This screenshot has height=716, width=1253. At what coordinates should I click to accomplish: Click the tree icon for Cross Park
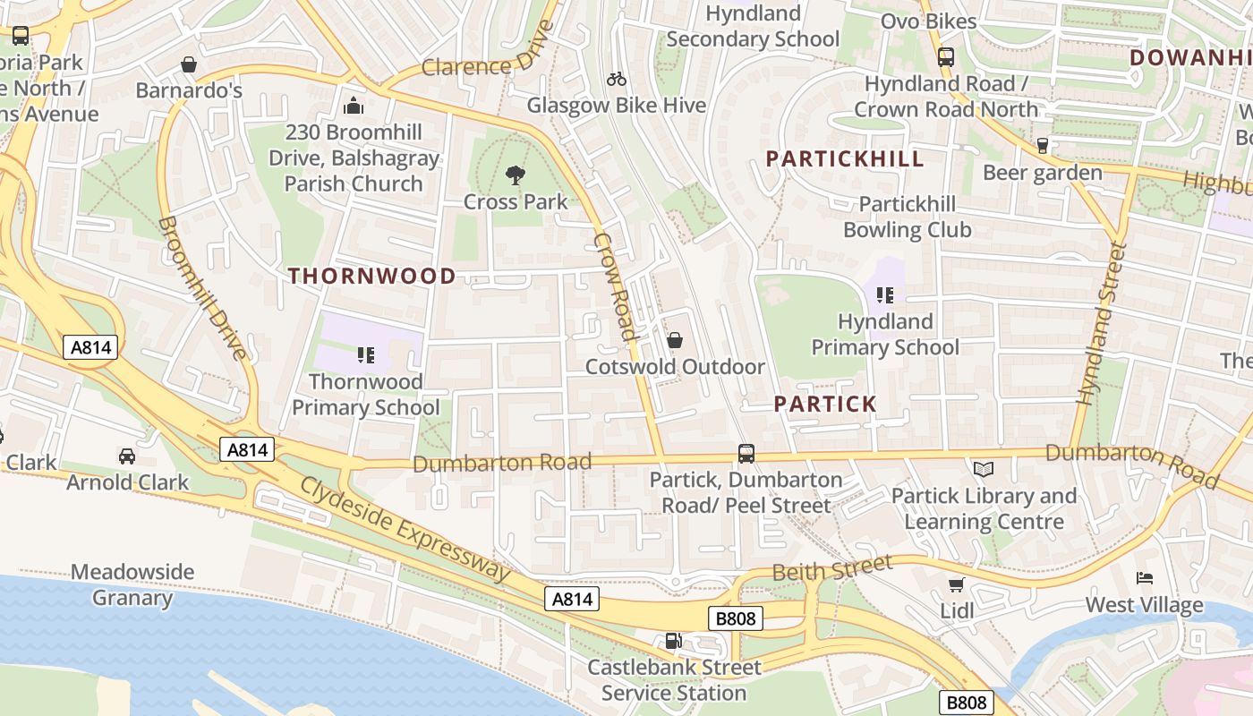coord(515,175)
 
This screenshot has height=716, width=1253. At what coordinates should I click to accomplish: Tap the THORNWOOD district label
coord(372,276)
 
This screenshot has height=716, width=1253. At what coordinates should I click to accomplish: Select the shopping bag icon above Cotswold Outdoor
coord(675,340)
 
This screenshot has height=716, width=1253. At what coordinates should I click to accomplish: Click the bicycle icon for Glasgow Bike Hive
coord(617,79)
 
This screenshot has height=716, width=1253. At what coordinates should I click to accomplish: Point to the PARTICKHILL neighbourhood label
coord(845,159)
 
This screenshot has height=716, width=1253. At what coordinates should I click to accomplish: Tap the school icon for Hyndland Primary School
coord(885,294)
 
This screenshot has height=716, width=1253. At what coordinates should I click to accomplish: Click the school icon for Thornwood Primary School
coord(365,355)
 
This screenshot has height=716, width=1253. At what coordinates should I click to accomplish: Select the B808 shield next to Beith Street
coord(737,618)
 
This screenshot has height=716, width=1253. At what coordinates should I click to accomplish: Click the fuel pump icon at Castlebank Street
coord(672,641)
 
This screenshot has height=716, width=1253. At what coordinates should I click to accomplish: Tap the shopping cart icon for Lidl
coord(956,584)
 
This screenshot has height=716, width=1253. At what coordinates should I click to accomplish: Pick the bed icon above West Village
coord(1144,578)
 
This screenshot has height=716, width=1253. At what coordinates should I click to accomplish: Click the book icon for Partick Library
coord(983,469)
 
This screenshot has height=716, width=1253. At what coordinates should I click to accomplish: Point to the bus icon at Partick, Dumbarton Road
coord(746,453)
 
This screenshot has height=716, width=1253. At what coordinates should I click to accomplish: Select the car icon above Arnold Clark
coord(127,456)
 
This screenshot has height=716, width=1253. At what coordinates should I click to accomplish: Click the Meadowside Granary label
coord(132,584)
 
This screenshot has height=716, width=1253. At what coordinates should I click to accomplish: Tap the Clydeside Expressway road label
coord(405,528)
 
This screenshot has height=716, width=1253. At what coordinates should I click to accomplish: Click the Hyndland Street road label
coord(1100,322)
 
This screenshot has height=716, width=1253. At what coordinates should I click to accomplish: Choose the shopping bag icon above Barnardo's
coord(189,64)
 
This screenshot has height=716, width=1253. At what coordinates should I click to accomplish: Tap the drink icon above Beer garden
coord(1042,146)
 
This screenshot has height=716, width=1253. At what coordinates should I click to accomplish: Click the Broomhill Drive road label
coord(202,286)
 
